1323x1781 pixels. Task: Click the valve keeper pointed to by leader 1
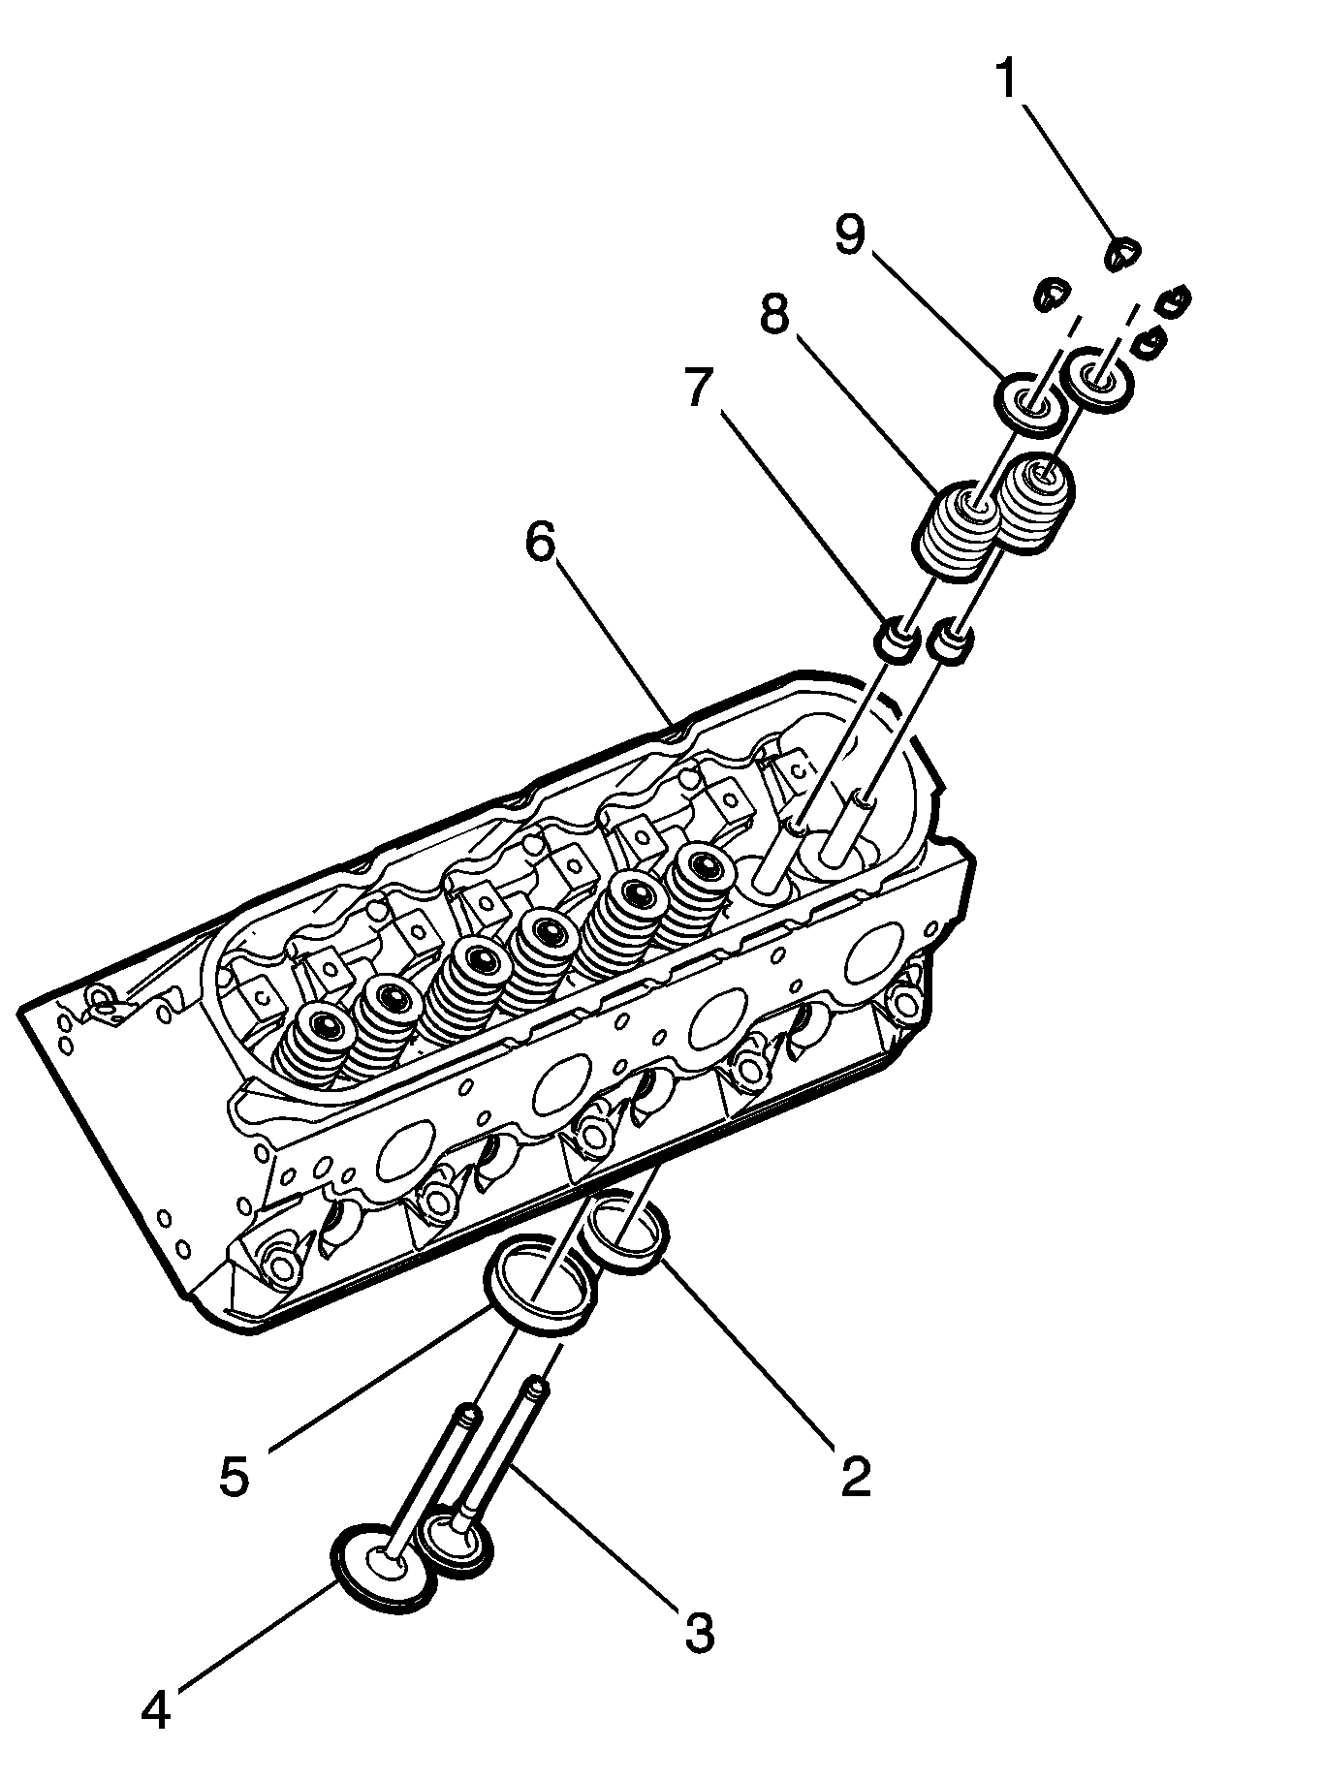(x=1123, y=254)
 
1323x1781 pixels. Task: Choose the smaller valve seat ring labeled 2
(x=627, y=1234)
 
